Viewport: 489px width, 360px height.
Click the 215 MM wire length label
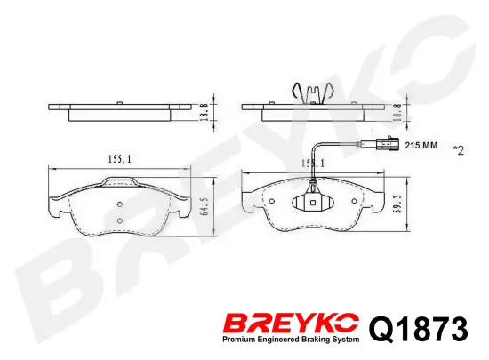pyautogui.click(x=421, y=145)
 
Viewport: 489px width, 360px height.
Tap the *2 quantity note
pyautogui.click(x=459, y=150)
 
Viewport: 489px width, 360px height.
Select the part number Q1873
pyautogui.click(x=419, y=329)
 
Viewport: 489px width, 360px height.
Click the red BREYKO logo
pyautogui.click(x=291, y=324)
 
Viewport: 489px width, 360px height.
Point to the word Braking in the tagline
pyautogui.click(x=317, y=340)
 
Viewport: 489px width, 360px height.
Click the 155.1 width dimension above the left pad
pyautogui.click(x=120, y=159)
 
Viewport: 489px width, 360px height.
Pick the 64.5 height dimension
pyautogui.click(x=204, y=206)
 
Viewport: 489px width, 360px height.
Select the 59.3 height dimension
pyautogui.click(x=397, y=204)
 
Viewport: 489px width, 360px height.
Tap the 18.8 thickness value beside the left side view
pyautogui.click(x=204, y=113)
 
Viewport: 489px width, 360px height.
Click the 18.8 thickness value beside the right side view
pyautogui.click(x=397, y=113)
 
